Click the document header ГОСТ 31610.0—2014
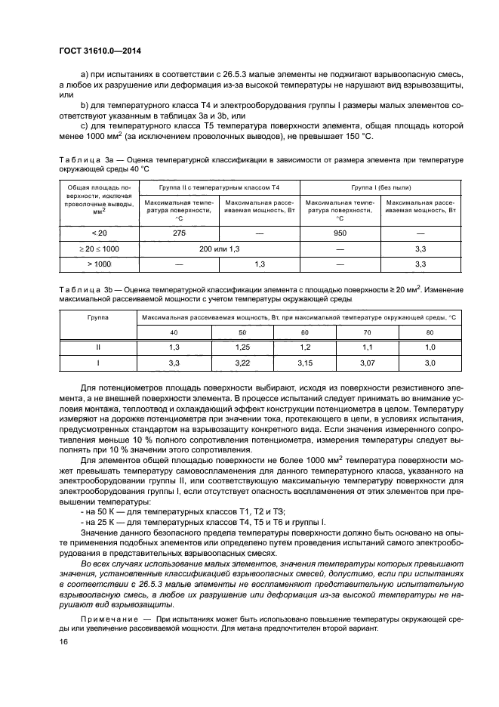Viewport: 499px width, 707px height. [100, 51]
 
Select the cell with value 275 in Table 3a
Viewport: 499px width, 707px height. [178, 234]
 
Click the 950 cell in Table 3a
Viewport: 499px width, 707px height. [340, 234]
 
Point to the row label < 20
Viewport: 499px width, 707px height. [99, 234]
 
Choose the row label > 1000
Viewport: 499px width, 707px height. [99, 264]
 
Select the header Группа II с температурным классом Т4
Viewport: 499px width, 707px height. [219, 186]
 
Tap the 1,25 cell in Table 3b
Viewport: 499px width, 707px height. [242, 347]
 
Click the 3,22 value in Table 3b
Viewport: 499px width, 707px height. [242, 363]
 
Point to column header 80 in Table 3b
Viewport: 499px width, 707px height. [430, 332]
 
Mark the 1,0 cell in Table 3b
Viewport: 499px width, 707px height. [430, 347]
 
